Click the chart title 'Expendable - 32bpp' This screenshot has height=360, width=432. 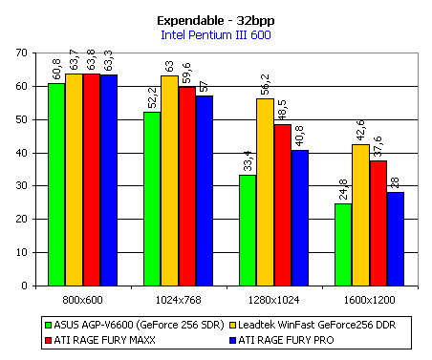pos(216,21)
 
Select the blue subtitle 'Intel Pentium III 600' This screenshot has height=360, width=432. pos(216,34)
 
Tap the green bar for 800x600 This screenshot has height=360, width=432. pos(56,184)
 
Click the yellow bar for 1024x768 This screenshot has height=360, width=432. pos(169,180)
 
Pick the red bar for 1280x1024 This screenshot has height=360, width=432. pos(283,205)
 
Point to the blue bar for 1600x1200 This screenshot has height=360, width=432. pos(396,239)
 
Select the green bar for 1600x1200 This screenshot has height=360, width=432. pos(343,244)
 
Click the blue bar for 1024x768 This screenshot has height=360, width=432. pos(205,191)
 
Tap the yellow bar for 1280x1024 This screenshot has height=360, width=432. pos(265,192)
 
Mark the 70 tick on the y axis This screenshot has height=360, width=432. pos(22,53)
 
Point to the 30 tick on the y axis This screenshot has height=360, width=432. pos(22,185)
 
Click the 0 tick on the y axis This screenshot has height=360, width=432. pos(25,286)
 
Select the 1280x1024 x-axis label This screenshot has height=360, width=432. pos(273,300)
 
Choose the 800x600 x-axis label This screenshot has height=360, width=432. pos(82,300)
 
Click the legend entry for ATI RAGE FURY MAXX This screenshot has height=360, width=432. pos(100,340)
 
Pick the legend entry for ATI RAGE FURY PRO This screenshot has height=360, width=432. pos(282,340)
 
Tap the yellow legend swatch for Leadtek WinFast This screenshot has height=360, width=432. pos(233,325)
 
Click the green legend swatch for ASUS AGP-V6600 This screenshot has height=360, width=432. pos(49,325)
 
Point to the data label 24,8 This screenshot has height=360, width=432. pos(343,190)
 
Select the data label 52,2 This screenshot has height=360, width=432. pos(152,97)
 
